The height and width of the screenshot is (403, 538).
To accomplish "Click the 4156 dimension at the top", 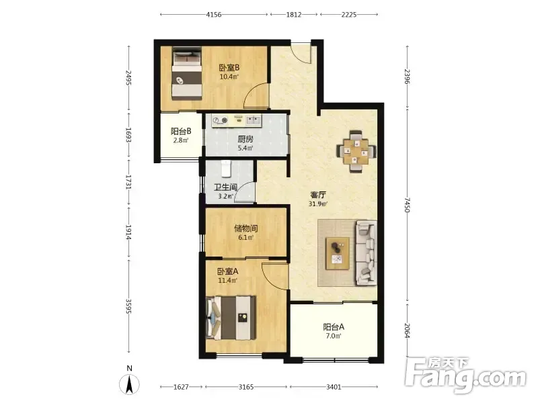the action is click(x=214, y=15).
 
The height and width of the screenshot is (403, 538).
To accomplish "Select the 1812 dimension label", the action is click(x=294, y=15).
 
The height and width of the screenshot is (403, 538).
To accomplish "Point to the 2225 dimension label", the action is click(x=349, y=15).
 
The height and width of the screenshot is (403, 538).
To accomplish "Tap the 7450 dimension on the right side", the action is click(x=407, y=205).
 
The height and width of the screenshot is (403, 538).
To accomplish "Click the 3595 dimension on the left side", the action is click(x=128, y=306).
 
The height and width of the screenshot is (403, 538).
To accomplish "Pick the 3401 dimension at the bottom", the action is click(x=334, y=387).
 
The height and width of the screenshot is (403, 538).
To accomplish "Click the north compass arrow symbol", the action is click(x=129, y=384).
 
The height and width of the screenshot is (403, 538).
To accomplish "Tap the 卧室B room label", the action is click(x=229, y=68).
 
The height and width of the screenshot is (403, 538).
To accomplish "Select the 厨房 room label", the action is click(x=245, y=139).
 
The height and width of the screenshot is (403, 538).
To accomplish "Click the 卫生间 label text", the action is click(x=225, y=187).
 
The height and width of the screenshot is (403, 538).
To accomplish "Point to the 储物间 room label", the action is click(x=245, y=228).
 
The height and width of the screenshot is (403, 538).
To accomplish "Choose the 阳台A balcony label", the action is click(x=334, y=327).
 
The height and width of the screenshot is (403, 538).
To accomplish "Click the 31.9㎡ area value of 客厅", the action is click(x=317, y=204).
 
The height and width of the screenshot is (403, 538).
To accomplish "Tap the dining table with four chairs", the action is click(x=356, y=150).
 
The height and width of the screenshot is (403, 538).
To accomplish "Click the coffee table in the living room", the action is click(x=338, y=253).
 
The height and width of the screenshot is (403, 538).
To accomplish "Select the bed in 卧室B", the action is click(x=186, y=73).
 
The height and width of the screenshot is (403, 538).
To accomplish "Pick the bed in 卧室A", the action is click(x=231, y=318).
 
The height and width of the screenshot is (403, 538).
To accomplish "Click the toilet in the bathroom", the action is click(x=226, y=169).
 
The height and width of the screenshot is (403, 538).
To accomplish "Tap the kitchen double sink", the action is click(x=254, y=120).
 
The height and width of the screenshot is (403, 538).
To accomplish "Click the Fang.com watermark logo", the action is click(x=465, y=375).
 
